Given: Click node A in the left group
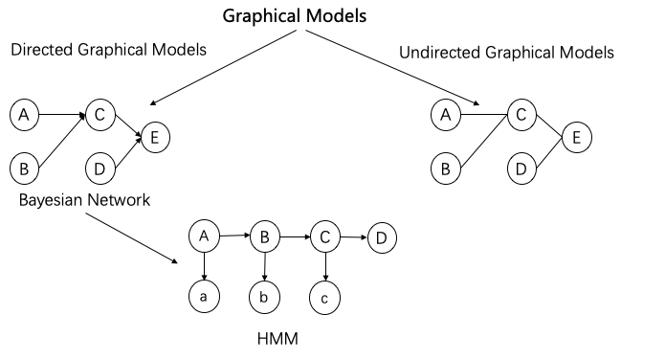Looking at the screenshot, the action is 24,116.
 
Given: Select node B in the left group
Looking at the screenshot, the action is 24,169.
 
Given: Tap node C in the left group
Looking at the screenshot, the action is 100,116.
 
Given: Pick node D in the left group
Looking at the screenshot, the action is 100,169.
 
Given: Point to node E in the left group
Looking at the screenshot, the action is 155,138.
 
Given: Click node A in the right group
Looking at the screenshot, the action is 444,116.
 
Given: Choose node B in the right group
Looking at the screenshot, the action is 444,169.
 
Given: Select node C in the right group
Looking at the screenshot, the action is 521,116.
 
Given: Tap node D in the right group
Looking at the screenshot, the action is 521,169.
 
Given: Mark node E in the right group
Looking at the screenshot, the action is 576,138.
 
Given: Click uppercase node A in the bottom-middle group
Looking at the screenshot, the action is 204,236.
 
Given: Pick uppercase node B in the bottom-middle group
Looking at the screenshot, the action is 264,236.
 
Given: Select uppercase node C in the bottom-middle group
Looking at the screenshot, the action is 325,236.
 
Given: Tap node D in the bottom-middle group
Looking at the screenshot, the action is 382,238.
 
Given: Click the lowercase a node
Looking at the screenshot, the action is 204,297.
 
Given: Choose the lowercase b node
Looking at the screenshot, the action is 264,298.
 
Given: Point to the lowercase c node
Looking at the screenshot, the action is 325,299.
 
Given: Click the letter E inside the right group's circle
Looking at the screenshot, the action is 576,138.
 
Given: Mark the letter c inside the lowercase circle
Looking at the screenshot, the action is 325,299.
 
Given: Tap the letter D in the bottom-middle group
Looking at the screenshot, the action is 382,238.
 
